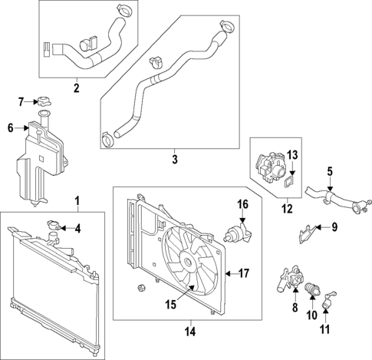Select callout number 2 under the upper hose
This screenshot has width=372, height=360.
(x=76, y=88)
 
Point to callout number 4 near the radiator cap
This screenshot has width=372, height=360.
(x=77, y=227)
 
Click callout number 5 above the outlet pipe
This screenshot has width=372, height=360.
(x=330, y=172)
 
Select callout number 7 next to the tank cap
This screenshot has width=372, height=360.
(x=21, y=101)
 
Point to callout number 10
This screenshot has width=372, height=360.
(x=311, y=315)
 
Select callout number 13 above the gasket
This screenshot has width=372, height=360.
(x=291, y=156)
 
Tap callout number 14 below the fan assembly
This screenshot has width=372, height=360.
(x=189, y=332)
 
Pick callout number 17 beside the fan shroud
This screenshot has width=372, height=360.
(x=243, y=272)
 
